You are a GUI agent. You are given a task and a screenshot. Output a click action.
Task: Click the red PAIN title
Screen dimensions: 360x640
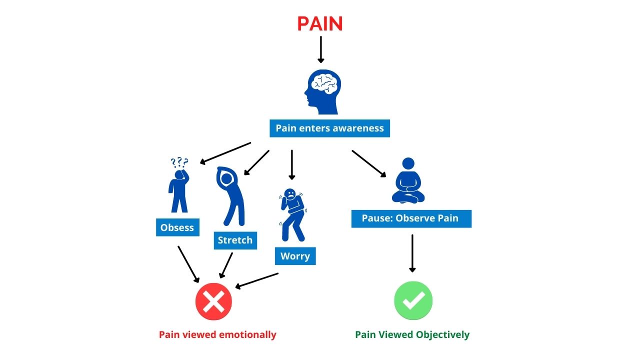pyautogui.click(x=320, y=23)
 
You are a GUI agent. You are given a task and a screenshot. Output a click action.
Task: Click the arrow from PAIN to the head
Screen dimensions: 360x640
pyautogui.click(x=320, y=49)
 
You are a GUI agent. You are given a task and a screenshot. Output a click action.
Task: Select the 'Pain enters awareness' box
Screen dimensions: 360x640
pyautogui.click(x=329, y=128)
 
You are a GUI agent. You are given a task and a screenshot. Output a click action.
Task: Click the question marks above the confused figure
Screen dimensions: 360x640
pyautogui.click(x=179, y=162)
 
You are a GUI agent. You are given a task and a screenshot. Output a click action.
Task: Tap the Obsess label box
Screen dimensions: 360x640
pyautogui.click(x=177, y=227)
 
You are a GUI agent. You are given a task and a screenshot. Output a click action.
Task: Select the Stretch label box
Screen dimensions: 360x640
pyautogui.click(x=235, y=240)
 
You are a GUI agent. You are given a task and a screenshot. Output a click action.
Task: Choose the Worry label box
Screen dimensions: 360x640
pyautogui.click(x=295, y=256)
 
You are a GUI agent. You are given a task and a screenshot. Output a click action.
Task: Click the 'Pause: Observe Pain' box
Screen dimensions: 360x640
pyautogui.click(x=410, y=218)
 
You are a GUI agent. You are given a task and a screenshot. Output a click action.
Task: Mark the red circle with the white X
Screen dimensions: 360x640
pyautogui.click(x=213, y=301)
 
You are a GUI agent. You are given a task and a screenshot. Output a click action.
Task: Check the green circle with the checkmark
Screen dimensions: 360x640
pyautogui.click(x=413, y=300)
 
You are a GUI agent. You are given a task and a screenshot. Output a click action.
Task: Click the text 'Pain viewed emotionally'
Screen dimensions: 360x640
pyautogui.click(x=217, y=334)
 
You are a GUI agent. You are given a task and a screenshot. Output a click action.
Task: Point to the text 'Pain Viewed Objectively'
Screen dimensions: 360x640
pyautogui.click(x=412, y=334)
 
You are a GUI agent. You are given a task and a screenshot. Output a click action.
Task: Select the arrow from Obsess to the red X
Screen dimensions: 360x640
pyautogui.click(x=188, y=264)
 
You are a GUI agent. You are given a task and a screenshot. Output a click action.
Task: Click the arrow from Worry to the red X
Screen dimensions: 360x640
pyautogui.click(x=257, y=280)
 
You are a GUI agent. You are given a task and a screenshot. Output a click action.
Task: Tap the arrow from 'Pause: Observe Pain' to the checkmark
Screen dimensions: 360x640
pyautogui.click(x=412, y=253)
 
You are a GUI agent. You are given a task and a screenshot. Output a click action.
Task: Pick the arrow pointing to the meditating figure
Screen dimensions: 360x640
pyautogui.click(x=369, y=164)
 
